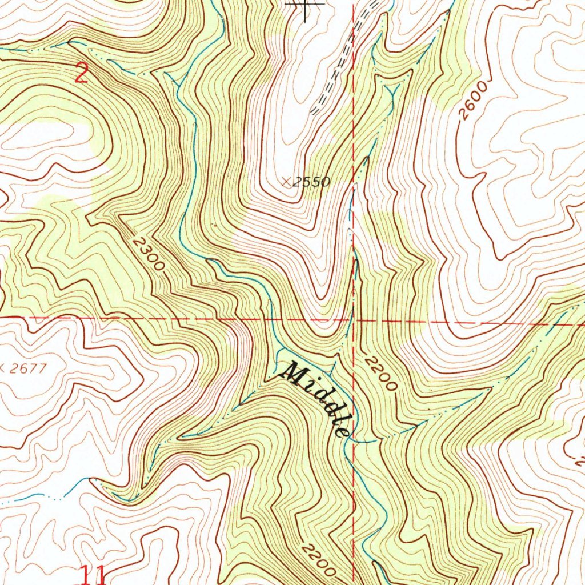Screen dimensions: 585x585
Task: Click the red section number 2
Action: [82, 74]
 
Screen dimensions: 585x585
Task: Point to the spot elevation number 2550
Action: [312, 182]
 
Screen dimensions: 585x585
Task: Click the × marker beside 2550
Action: [286, 182]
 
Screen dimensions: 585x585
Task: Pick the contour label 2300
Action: [148, 254]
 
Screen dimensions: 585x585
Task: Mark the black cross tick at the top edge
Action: [306, 5]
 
